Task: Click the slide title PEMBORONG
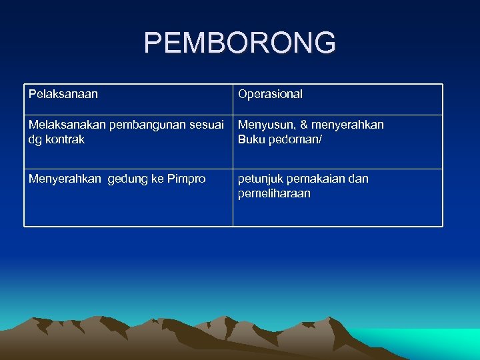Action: (240, 43)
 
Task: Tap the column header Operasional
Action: (270, 94)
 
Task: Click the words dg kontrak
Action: (56, 140)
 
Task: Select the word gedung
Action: (127, 179)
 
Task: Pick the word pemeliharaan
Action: (274, 193)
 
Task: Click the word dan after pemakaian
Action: (358, 179)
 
